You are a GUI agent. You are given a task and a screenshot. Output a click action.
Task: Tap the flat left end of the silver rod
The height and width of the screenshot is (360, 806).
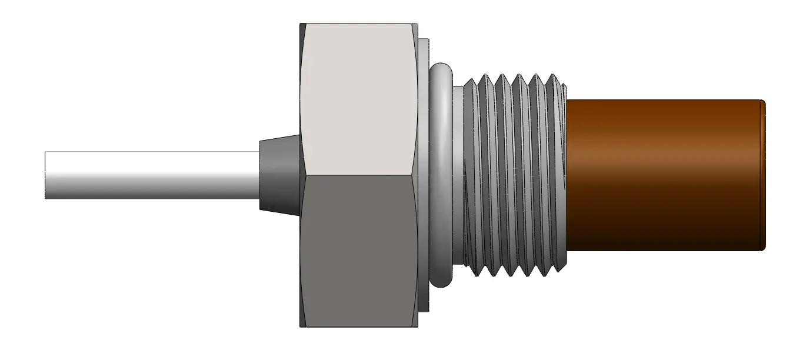click(46, 175)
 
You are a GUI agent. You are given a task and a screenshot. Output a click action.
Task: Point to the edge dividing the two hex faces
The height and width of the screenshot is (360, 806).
click(359, 175)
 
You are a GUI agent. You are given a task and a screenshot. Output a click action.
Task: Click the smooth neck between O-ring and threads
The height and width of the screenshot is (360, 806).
click(458, 175)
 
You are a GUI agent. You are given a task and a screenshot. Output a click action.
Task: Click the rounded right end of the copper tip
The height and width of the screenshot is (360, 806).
click(762, 175)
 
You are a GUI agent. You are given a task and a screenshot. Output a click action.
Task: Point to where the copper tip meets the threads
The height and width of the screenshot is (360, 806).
click(567, 175)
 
